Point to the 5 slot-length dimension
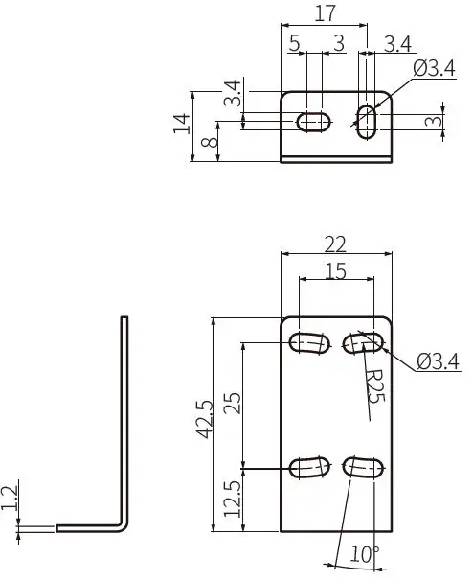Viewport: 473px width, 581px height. pos(294,43)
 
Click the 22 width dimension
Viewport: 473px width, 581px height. pos(335,243)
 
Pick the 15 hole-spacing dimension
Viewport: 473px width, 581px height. pos(335,271)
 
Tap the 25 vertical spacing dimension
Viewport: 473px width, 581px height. pos(231,404)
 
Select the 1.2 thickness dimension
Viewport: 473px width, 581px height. pos(11,499)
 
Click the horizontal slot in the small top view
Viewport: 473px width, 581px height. pos(313,121)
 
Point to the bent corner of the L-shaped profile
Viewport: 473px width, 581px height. pos(122,524)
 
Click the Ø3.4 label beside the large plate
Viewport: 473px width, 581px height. pos(439,361)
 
